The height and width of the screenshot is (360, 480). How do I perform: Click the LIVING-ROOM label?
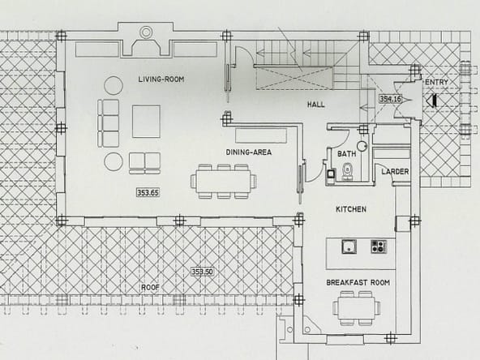[x=161, y=79]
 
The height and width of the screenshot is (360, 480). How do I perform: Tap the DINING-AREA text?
[x=249, y=152]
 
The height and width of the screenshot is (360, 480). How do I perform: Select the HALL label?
[x=316, y=105]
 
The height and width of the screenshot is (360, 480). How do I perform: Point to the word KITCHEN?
[x=351, y=209]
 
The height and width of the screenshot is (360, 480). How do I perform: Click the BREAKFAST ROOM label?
[x=358, y=282]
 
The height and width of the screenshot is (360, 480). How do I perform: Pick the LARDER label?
[x=395, y=172]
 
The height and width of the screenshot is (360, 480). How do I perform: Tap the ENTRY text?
[x=437, y=82]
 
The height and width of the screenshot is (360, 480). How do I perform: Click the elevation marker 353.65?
[x=148, y=192]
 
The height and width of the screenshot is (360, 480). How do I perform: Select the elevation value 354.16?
[x=390, y=99]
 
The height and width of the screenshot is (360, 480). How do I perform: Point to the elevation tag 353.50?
[x=202, y=272]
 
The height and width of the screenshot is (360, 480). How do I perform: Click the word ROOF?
[x=150, y=288]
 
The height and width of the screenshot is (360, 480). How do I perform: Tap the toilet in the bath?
[x=347, y=171]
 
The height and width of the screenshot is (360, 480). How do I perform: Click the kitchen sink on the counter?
[x=349, y=246]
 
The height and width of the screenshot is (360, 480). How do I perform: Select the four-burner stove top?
[x=379, y=246]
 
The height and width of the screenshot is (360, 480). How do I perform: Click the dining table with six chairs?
[x=224, y=182]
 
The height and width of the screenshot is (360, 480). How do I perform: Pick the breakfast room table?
[x=357, y=308]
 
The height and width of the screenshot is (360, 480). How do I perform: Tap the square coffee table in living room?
[x=146, y=122]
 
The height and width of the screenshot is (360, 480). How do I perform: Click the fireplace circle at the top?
[x=146, y=32]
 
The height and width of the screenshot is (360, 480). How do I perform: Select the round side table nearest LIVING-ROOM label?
[x=114, y=85]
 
